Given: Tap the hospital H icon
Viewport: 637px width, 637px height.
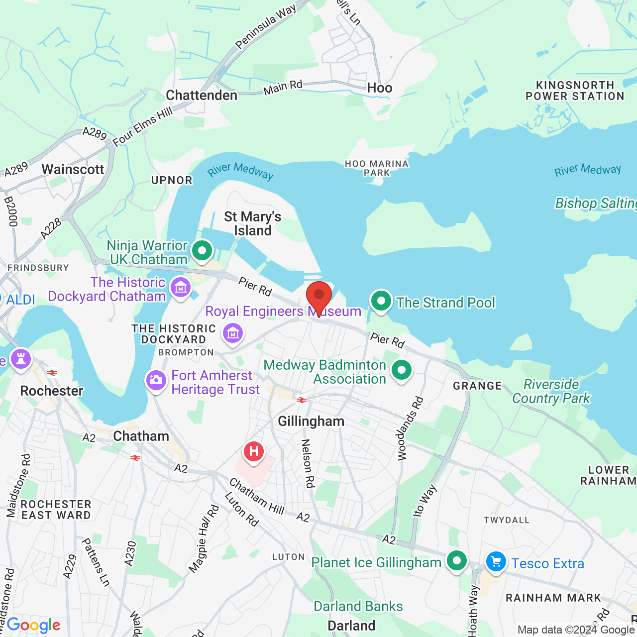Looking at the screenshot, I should (254, 452).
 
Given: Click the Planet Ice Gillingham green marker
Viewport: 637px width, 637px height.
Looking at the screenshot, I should (456, 561).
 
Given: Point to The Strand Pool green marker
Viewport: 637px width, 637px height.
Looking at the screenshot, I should (381, 301).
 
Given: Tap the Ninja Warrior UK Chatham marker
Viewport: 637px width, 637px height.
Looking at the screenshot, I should (202, 251).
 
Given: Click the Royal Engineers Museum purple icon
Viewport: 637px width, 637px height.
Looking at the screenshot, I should (233, 333).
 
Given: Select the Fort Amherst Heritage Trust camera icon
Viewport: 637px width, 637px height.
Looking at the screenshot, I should (156, 381).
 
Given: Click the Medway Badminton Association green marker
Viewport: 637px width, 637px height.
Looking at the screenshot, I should (401, 370).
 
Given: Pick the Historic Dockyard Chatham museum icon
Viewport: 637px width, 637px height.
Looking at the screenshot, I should (180, 287).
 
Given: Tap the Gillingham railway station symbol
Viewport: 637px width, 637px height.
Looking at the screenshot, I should (301, 400).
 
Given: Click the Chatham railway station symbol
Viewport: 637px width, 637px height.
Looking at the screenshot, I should (135, 457).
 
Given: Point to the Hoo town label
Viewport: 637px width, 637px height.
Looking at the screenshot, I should (380, 88).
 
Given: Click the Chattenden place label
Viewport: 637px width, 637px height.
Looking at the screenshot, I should (202, 95).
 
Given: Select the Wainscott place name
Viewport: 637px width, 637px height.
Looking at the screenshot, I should (73, 169).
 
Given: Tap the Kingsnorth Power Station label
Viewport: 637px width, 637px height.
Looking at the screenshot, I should (575, 91).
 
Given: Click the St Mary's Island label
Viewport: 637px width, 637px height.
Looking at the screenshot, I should (253, 223).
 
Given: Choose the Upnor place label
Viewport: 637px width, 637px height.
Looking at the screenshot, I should (172, 180).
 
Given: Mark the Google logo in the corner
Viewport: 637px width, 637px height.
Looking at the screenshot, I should (33, 625).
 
